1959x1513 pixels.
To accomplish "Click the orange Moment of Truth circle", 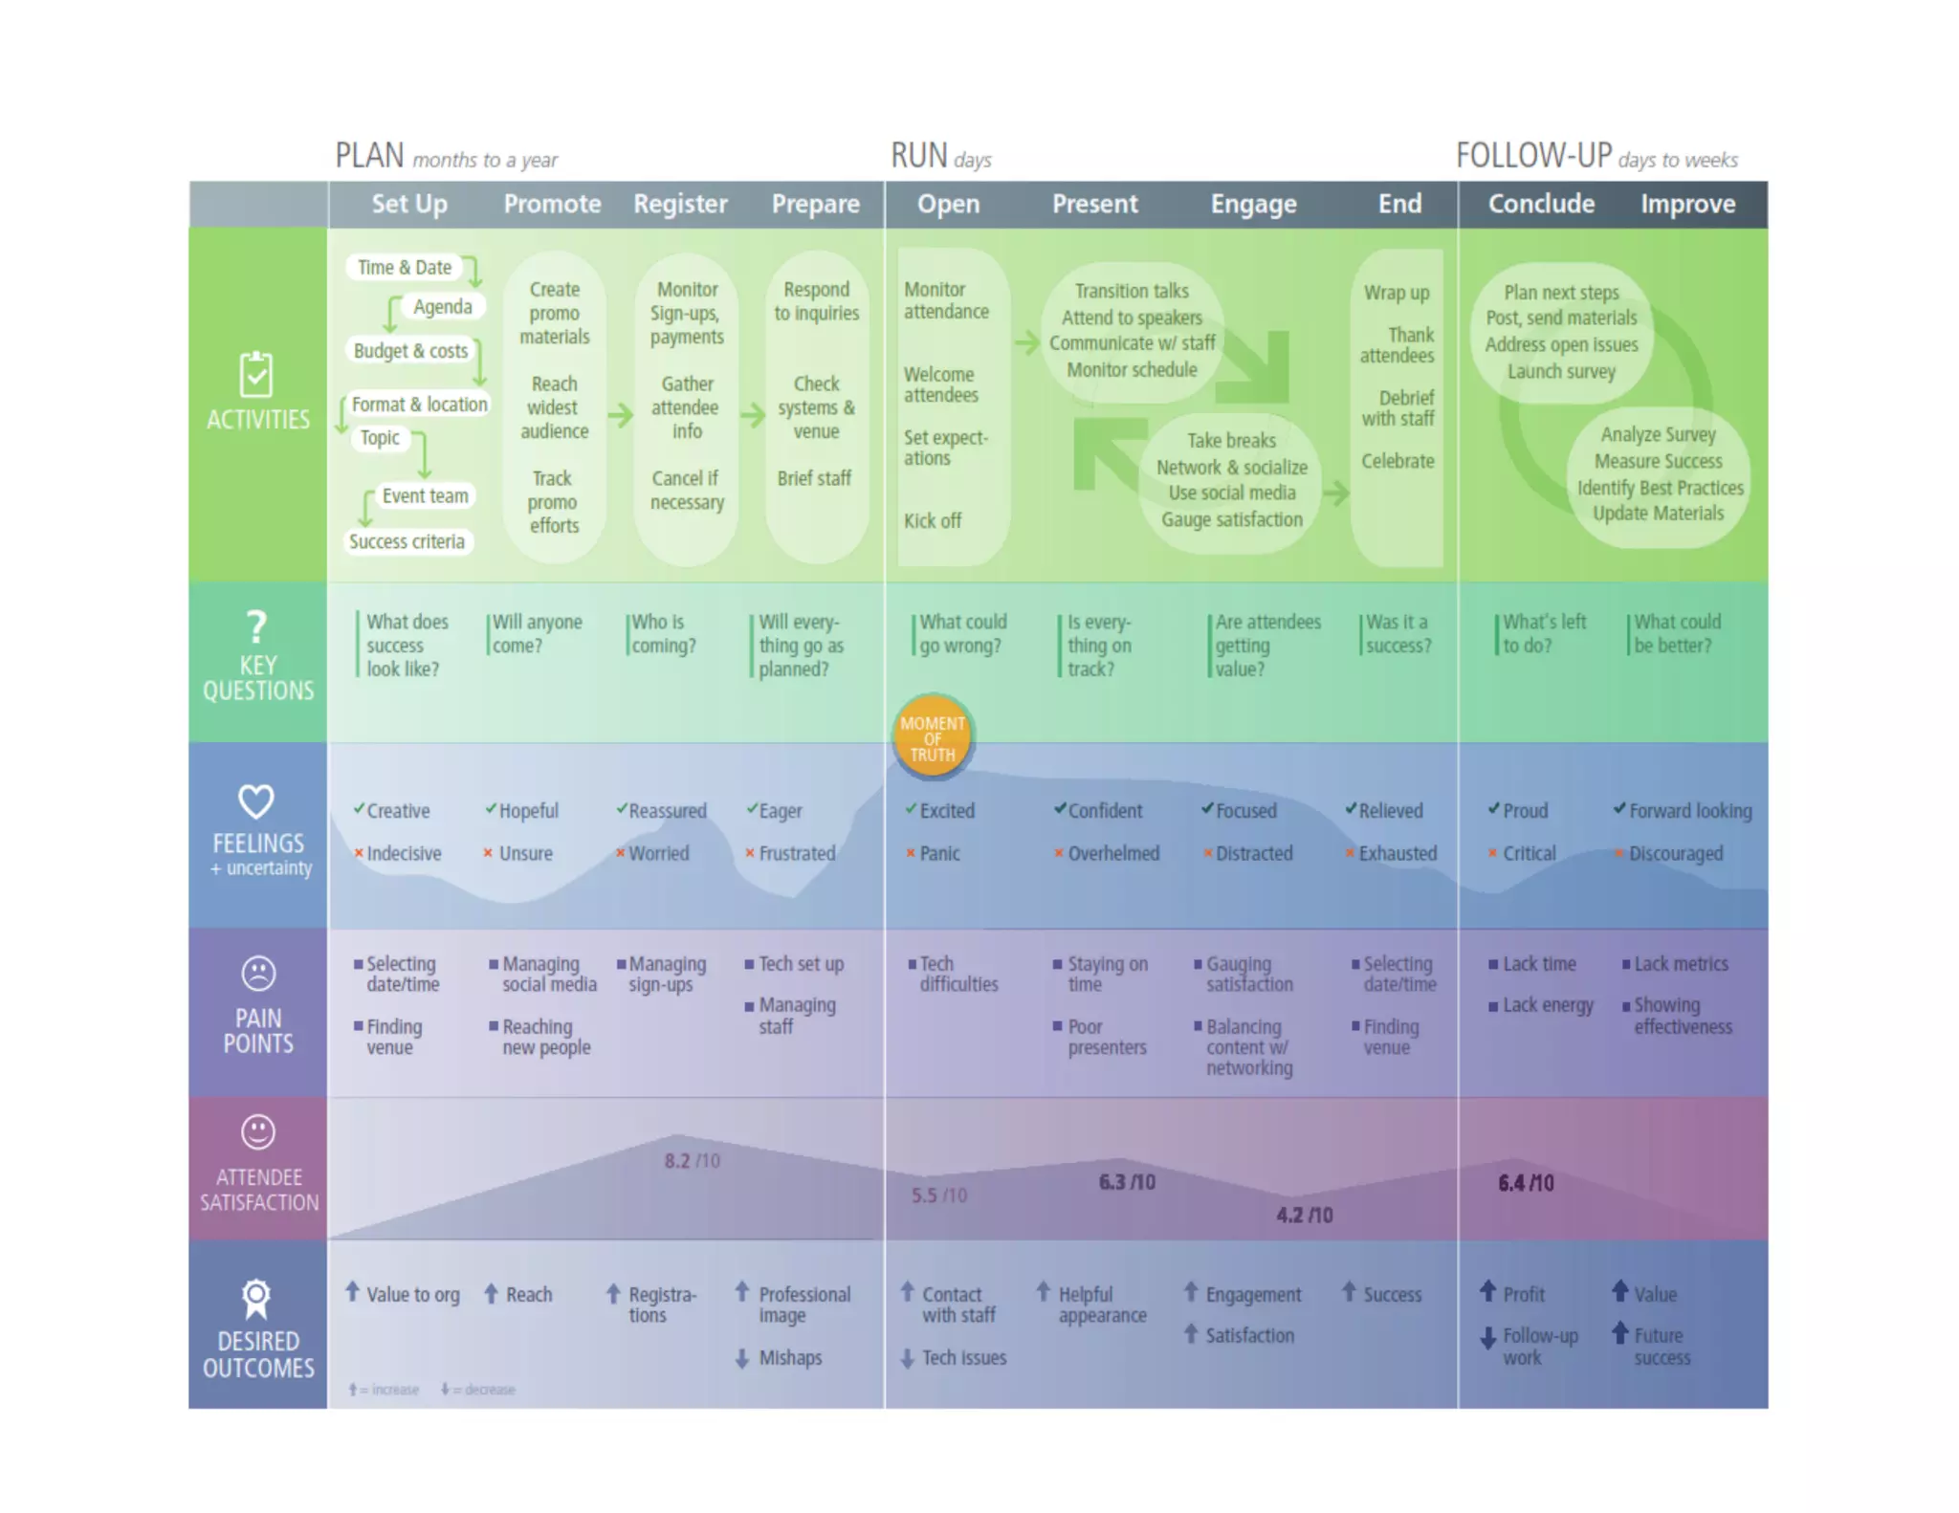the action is tap(932, 737).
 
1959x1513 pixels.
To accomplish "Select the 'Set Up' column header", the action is tap(408, 204).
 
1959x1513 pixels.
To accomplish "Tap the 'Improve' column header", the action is tap(1687, 204).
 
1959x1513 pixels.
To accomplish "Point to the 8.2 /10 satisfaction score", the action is tap(692, 1161).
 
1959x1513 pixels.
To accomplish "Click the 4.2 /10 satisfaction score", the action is tap(1304, 1215).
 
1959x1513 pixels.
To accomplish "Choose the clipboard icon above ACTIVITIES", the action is tap(256, 374).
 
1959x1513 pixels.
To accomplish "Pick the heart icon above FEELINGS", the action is tap(256, 801).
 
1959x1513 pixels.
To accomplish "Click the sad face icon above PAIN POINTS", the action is tap(257, 974).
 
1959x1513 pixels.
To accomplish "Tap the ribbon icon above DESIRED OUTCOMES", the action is tap(256, 1299).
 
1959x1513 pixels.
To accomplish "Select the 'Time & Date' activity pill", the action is tap(404, 268).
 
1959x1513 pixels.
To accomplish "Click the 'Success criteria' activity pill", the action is tap(407, 541).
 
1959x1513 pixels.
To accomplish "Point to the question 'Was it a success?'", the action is tap(1398, 633).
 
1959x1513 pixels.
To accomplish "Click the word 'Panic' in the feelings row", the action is tap(939, 853).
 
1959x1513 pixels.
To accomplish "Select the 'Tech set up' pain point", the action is tap(801, 964).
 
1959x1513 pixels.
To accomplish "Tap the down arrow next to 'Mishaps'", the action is tap(742, 1357).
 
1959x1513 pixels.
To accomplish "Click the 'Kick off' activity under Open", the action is tap(933, 520).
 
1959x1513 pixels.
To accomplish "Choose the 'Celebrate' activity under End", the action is tap(1398, 461).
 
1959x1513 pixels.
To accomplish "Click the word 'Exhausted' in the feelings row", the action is tap(1398, 853).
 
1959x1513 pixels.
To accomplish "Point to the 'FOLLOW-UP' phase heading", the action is tap(1533, 155).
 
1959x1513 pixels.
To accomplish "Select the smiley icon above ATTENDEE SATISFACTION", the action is tap(257, 1132).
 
